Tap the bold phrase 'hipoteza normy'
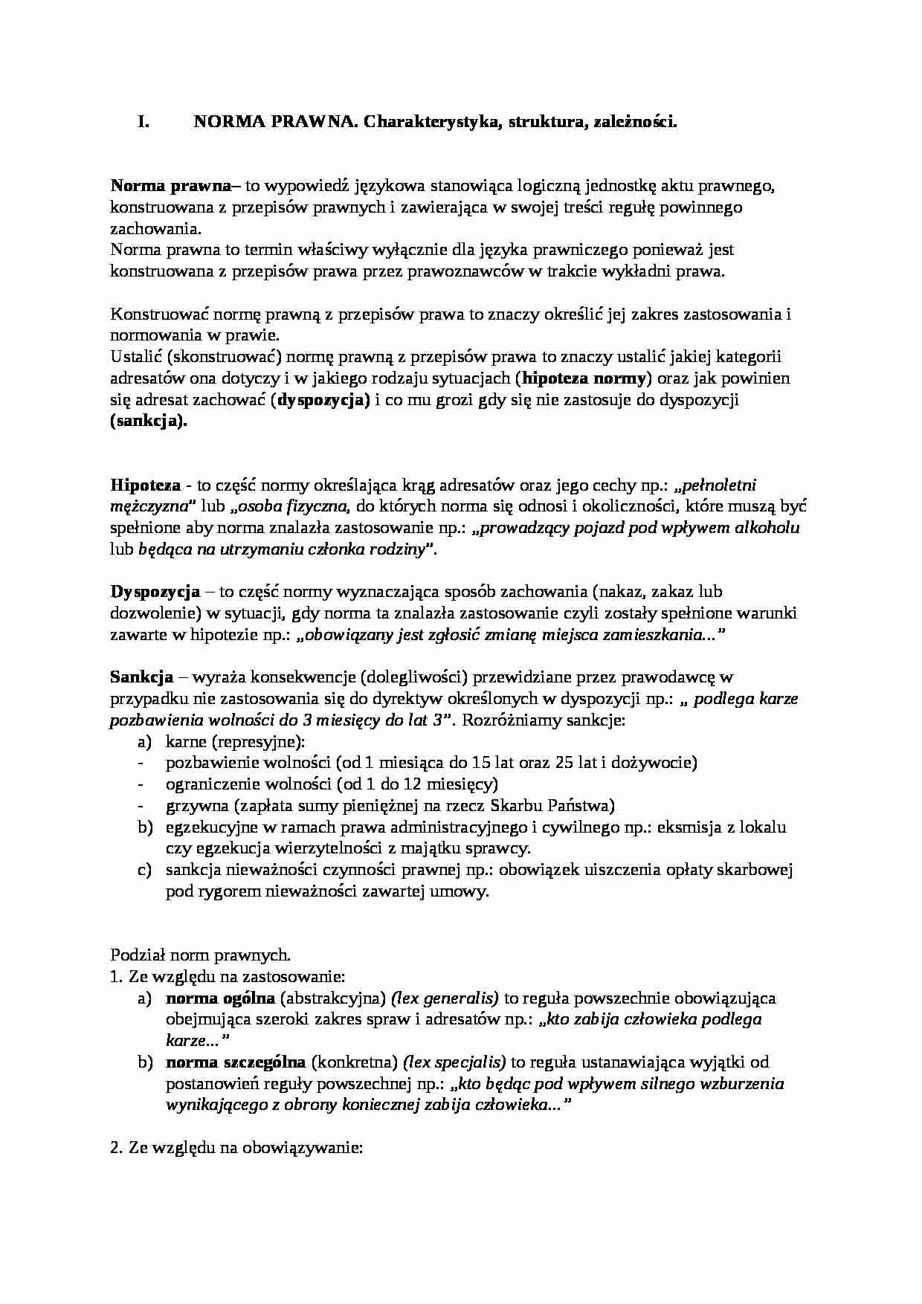tap(584, 378)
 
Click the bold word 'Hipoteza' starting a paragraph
tap(145, 485)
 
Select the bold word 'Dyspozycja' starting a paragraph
tap(155, 592)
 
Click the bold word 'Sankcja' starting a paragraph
tap(141, 677)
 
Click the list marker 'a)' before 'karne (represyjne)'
tap(144, 742)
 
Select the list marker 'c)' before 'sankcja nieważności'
tap(144, 870)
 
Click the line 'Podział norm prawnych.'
tap(200, 955)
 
